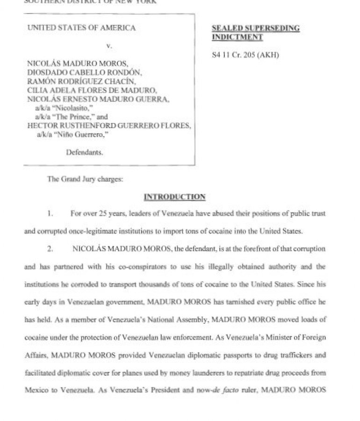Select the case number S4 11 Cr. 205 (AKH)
[245, 55]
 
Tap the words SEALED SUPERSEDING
[256, 28]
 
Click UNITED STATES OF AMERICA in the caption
[81, 28]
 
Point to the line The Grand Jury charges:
[85, 179]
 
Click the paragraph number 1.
[50, 213]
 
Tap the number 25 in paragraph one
[109, 213]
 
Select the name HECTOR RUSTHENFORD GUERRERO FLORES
[109, 126]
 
